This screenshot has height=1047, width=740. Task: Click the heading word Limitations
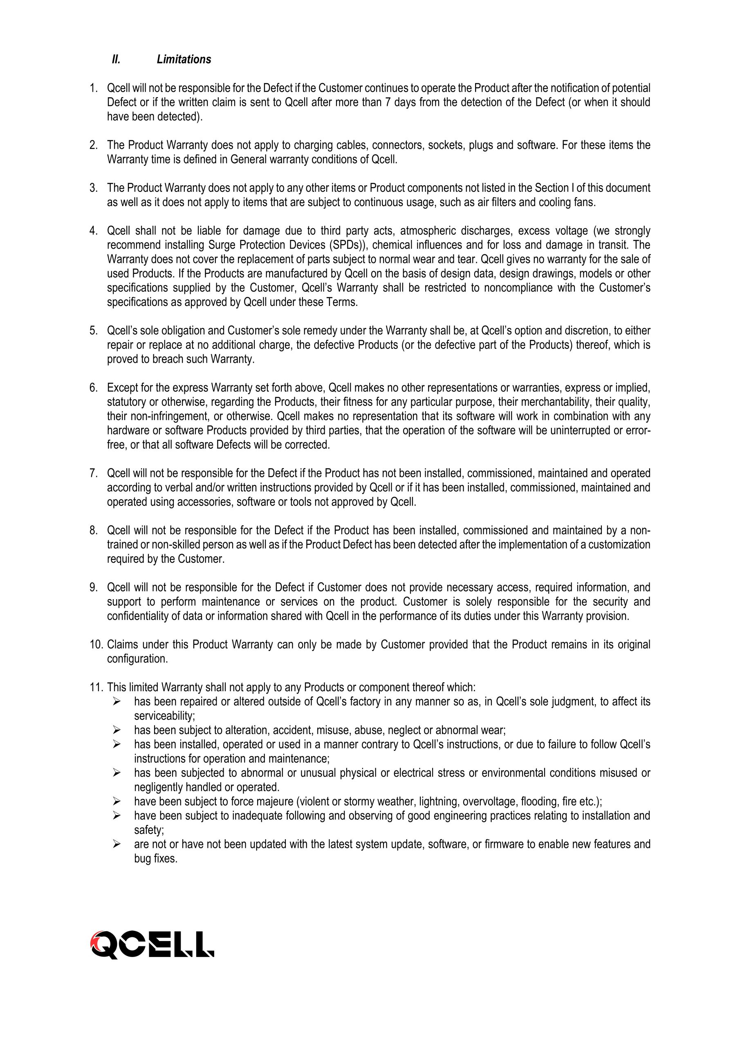[184, 59]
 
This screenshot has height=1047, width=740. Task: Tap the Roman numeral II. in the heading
[116, 59]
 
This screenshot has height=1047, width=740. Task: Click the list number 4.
[94, 231]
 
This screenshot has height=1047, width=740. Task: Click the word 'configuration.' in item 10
[136, 659]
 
